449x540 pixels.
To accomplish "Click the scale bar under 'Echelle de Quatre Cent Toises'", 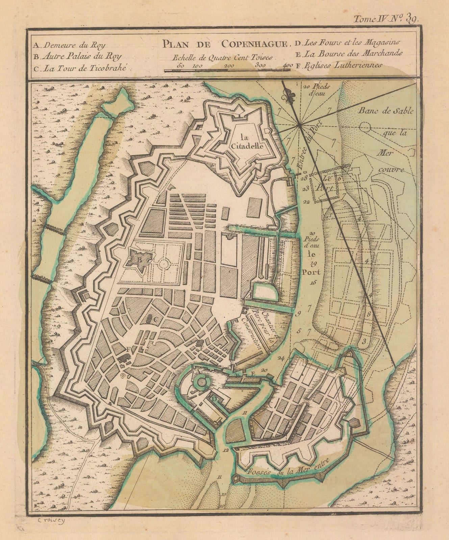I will point(227,70).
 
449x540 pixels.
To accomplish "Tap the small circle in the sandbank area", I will point(365,127).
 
